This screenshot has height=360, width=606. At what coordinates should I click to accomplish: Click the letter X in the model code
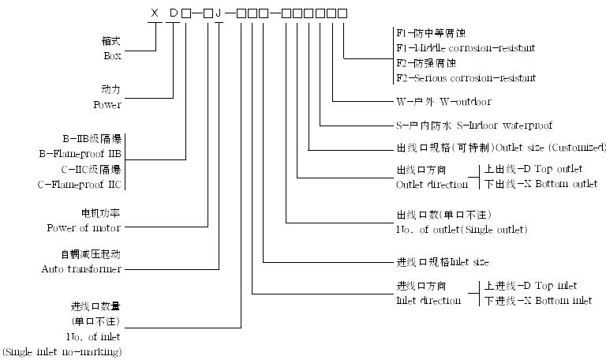click(x=156, y=13)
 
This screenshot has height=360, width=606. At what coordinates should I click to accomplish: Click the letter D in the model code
click(x=174, y=13)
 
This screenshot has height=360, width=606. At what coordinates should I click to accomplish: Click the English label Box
click(x=113, y=56)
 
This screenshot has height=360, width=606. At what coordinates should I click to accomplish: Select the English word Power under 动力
click(x=108, y=103)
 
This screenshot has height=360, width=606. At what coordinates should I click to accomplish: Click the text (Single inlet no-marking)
click(x=62, y=351)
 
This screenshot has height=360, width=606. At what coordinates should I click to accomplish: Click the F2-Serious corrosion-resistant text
click(x=465, y=78)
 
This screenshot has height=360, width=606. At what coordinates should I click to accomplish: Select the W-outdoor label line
click(x=443, y=102)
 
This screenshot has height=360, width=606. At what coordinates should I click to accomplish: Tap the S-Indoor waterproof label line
click(x=473, y=125)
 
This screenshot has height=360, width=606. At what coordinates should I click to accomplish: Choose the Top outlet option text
click(x=557, y=169)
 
